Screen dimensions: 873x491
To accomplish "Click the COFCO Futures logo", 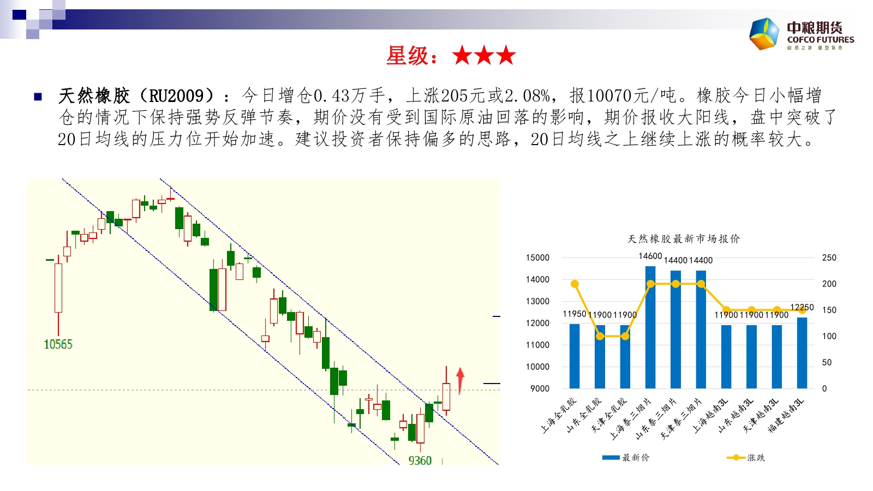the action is pyautogui.click(x=802, y=34).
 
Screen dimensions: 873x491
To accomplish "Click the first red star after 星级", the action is pyautogui.click(x=462, y=55).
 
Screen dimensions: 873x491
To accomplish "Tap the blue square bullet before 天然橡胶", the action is pyautogui.click(x=38, y=97).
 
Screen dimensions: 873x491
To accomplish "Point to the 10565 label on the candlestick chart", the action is pyautogui.click(x=58, y=344).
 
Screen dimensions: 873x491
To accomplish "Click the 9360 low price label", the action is pyautogui.click(x=420, y=460).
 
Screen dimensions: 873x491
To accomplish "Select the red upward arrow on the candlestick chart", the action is pyautogui.click(x=461, y=381).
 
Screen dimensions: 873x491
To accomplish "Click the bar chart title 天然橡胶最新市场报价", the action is pyautogui.click(x=684, y=239).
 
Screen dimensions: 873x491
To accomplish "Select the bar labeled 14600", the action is pyautogui.click(x=650, y=327).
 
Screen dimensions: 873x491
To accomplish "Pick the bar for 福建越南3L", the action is pyautogui.click(x=802, y=353).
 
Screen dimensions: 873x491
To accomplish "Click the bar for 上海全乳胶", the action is pyautogui.click(x=575, y=356).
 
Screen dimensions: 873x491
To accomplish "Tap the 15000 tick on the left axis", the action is pyautogui.click(x=537, y=258).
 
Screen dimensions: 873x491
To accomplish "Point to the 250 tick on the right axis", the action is pyautogui.click(x=829, y=258).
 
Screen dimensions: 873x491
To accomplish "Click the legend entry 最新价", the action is pyautogui.click(x=626, y=458).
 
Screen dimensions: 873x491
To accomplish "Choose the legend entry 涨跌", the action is pyautogui.click(x=746, y=458).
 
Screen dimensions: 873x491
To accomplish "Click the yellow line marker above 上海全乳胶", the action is pyautogui.click(x=575, y=284).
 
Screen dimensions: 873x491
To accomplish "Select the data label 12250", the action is pyautogui.click(x=802, y=307).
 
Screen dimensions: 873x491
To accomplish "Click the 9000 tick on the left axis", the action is pyautogui.click(x=540, y=388).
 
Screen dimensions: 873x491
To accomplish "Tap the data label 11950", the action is pyautogui.click(x=575, y=314).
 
